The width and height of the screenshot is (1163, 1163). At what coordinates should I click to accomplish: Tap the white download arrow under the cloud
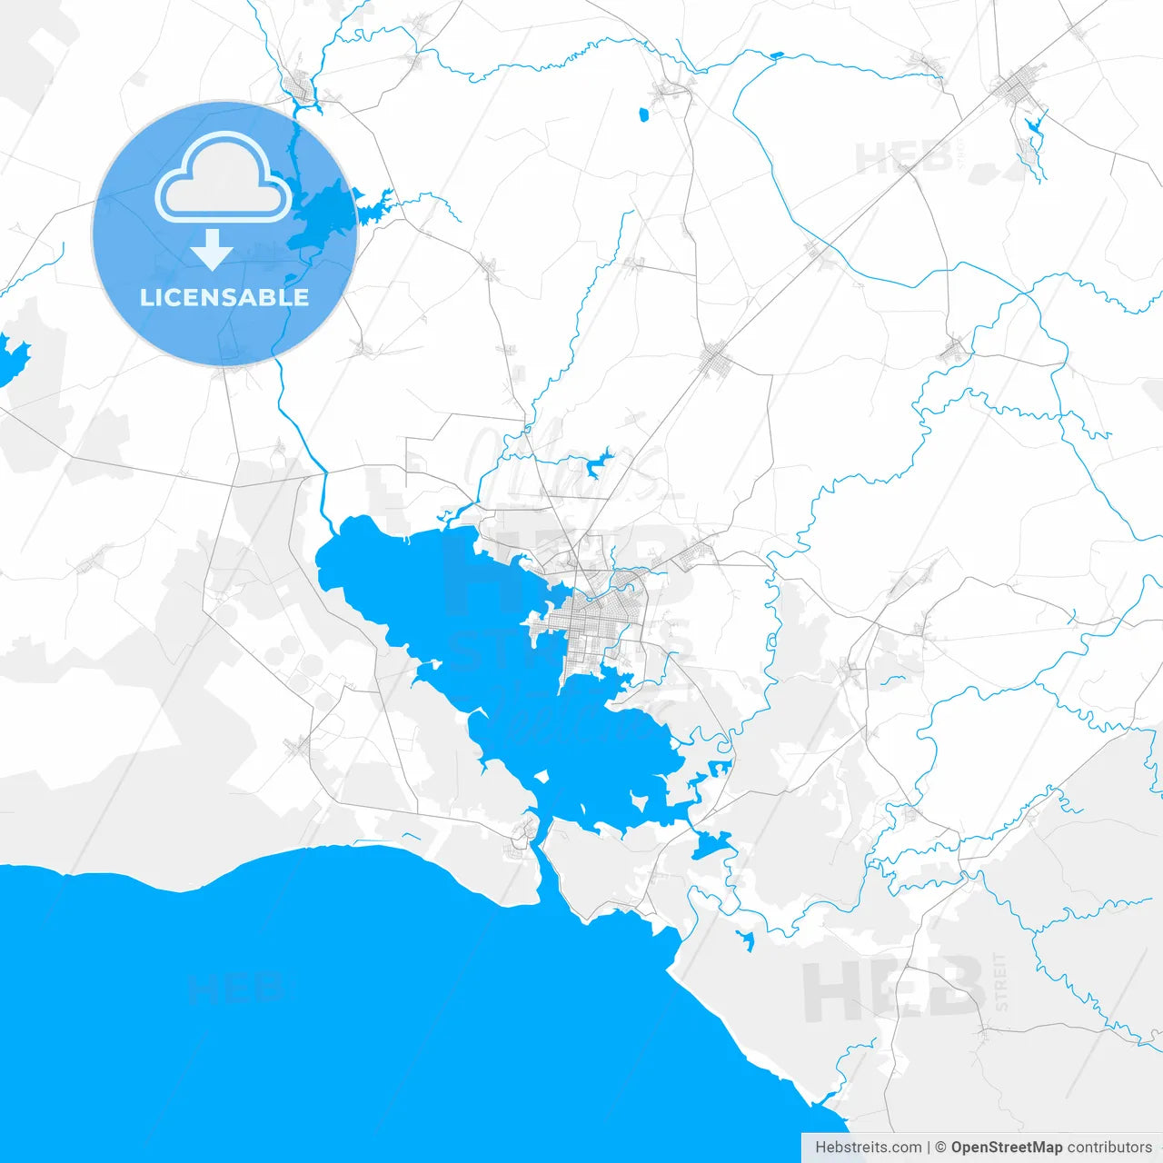click(x=212, y=250)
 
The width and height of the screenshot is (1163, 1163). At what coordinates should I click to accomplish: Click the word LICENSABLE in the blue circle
click(x=224, y=297)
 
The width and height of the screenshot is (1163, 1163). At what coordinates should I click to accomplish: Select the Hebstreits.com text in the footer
click(x=868, y=1148)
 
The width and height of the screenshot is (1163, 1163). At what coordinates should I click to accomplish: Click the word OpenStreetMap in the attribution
click(x=1006, y=1148)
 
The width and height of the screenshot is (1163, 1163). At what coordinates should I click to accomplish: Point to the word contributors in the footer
click(x=1109, y=1148)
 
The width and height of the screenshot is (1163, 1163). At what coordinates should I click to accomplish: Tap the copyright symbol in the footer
click(x=940, y=1148)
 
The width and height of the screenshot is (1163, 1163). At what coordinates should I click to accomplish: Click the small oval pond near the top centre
click(x=643, y=115)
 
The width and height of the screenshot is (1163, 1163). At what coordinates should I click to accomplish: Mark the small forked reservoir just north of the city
click(x=599, y=463)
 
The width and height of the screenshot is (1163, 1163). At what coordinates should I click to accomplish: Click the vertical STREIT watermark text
click(x=1000, y=981)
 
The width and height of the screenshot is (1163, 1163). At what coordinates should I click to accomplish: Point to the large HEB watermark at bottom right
click(x=890, y=990)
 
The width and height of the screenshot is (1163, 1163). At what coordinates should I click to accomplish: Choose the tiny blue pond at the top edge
click(x=775, y=55)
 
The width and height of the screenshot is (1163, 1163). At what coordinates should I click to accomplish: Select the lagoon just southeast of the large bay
click(x=711, y=846)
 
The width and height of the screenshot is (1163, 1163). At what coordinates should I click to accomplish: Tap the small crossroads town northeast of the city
click(x=716, y=359)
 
